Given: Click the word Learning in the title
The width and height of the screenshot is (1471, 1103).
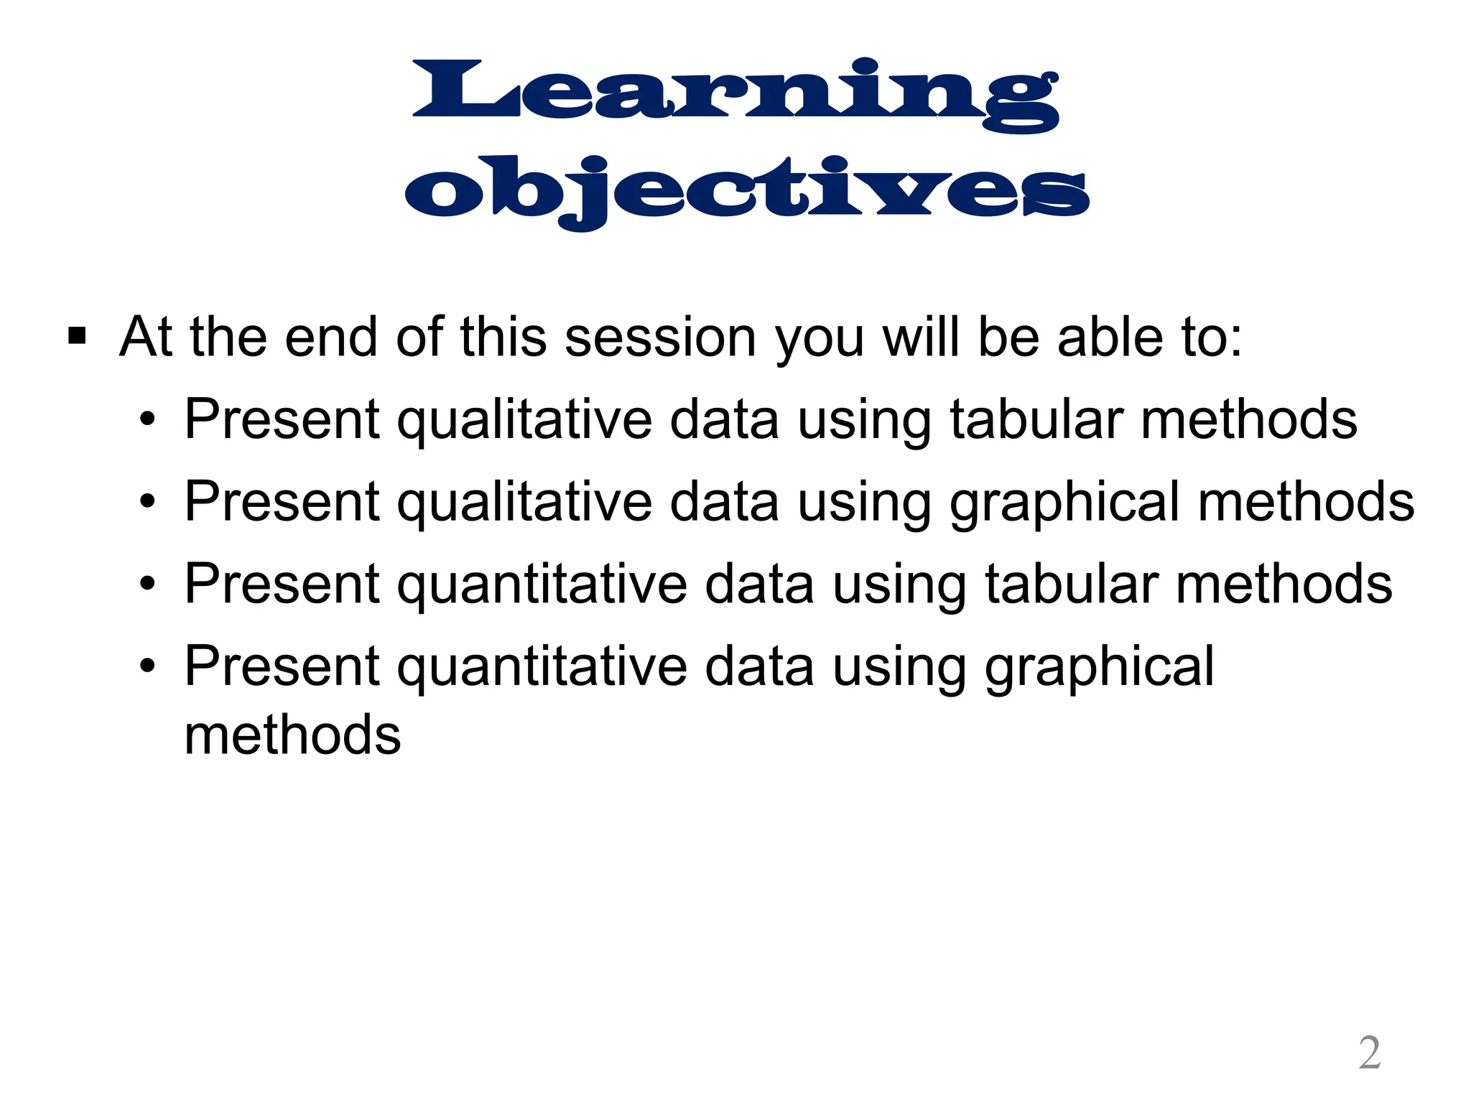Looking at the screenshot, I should point(735,93).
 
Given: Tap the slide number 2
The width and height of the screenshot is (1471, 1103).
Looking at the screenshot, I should point(1370,1053).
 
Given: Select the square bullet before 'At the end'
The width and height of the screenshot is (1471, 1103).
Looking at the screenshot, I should point(77,336).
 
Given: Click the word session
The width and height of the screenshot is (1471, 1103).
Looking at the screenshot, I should point(660,337).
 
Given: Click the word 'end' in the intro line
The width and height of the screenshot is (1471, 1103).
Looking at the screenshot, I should point(330,337).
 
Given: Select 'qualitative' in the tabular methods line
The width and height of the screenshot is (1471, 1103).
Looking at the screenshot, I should point(524,421).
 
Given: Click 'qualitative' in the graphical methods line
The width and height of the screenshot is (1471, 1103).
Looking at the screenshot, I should point(524,503).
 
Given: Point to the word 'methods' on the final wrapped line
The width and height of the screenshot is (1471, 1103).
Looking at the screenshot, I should point(292,735).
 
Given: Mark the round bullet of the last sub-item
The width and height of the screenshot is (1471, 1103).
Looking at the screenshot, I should point(148,666).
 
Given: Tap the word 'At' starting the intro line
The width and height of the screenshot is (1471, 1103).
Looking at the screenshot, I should point(145,337).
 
